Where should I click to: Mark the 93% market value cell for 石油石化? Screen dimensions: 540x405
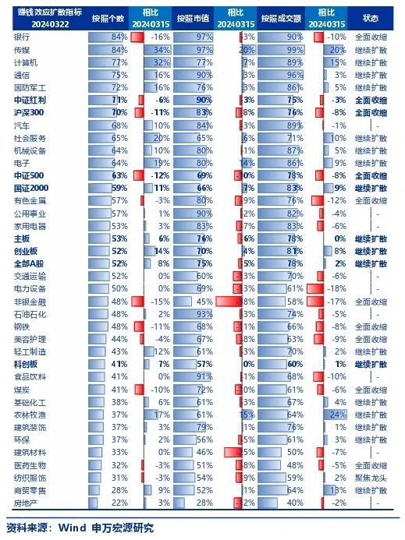click(204, 313)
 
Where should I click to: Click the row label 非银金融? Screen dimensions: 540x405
click(30, 301)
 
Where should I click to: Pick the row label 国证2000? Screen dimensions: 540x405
click(30, 188)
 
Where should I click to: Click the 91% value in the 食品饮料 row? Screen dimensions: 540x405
click(204, 376)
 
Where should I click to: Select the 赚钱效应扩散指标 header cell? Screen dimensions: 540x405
click(40, 18)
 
